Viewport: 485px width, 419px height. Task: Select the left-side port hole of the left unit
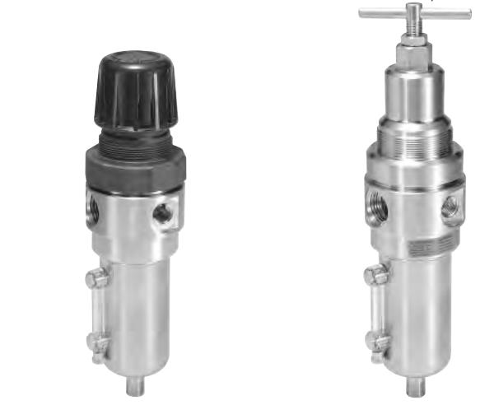pyautogui.click(x=93, y=210)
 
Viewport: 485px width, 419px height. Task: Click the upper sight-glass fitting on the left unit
pyautogui.click(x=96, y=279)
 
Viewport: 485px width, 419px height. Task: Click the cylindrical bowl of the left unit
pyautogui.click(x=140, y=313)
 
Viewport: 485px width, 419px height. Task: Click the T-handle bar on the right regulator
pyautogui.click(x=414, y=12)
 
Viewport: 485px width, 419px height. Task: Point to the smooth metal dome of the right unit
pyautogui.click(x=413, y=91)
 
